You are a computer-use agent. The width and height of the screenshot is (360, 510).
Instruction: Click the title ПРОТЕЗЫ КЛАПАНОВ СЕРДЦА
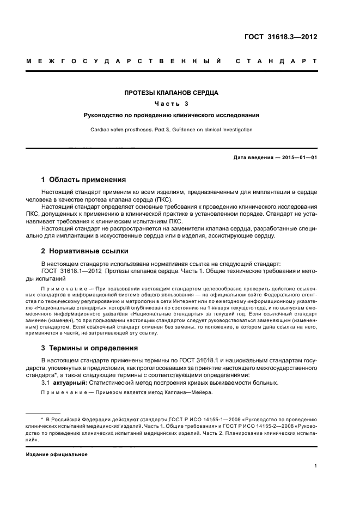point(172,93)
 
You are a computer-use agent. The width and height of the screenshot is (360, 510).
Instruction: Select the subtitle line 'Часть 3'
point(172,104)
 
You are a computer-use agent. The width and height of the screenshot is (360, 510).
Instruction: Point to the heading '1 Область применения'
point(84,179)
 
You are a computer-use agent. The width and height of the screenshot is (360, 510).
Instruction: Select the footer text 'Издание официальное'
point(57,454)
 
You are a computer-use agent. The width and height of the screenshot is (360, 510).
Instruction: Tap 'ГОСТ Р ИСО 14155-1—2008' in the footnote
point(192,418)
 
